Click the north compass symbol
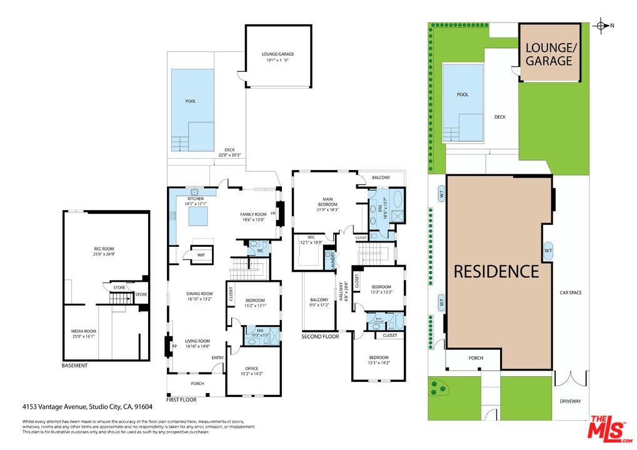coord(601,26)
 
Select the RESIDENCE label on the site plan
coord(496,271)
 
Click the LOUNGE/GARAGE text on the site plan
coord(548,54)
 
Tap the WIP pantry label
coord(202,256)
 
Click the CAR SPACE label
coord(570,292)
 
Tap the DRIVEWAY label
coord(570,401)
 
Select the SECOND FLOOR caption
coord(320,337)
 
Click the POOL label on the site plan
coord(462,94)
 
